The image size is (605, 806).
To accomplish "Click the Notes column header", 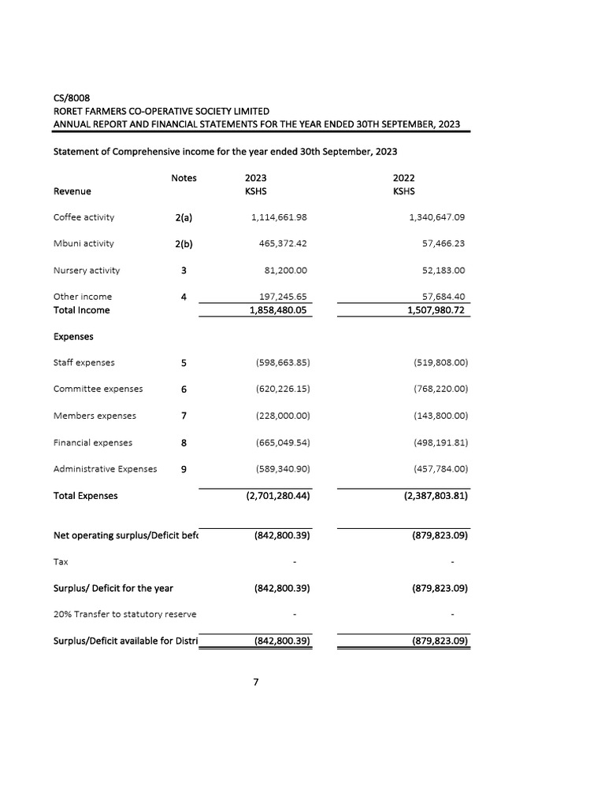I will (x=184, y=178).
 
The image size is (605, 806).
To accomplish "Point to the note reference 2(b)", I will (x=184, y=244).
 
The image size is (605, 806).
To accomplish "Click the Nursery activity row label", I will (x=87, y=270).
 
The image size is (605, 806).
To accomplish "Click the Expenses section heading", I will (x=73, y=336).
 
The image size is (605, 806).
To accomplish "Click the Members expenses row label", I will (x=95, y=416).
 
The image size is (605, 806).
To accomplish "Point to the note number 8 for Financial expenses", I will (x=184, y=442).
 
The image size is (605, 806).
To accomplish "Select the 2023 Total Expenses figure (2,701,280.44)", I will (x=274, y=496).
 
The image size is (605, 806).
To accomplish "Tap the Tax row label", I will (x=61, y=562).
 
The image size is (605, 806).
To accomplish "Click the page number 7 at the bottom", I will (x=255, y=682).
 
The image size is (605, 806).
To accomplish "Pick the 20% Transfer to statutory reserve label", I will (x=124, y=614).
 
